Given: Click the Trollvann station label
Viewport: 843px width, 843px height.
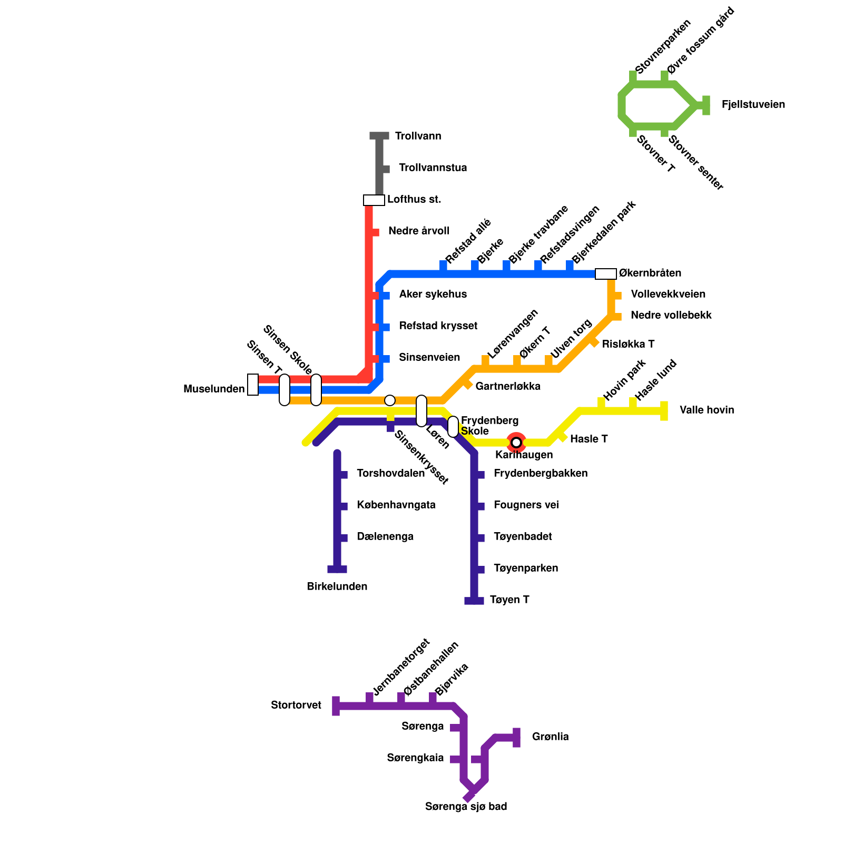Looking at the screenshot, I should pos(418,136).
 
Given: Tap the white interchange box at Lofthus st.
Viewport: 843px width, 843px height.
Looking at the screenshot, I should pos(374,200).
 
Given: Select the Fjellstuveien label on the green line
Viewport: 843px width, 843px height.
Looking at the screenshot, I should pos(753,105).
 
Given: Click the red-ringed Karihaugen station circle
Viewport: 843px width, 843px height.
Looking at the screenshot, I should pos(516,442).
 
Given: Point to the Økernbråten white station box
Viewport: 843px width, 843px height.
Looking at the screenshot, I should pos(605,274).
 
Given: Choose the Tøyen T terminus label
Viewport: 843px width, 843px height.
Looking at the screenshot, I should pos(509,600).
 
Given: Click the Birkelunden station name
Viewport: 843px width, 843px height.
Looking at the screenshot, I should pos(337,587).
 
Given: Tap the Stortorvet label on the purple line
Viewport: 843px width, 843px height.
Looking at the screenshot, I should pos(296,705).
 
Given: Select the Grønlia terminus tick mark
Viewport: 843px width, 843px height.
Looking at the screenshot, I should pos(516,737).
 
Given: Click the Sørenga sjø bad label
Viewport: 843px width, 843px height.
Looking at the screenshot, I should pos(466,807).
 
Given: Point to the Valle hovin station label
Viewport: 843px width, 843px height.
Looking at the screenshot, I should pos(707,410).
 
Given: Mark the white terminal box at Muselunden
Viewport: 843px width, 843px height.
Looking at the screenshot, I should pos(253,385).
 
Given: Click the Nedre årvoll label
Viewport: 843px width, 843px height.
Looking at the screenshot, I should pos(418,231).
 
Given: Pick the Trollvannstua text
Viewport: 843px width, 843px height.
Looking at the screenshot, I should pos(433,168).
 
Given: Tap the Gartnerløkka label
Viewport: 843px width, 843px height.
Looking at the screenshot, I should pos(507,387).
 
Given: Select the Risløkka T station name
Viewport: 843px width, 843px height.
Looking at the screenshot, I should pos(628,345).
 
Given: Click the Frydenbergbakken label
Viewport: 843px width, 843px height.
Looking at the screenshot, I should pos(540,474).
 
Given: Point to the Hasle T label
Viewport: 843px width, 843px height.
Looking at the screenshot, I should pos(589,439).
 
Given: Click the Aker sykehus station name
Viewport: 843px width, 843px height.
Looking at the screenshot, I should pos(433,295).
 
